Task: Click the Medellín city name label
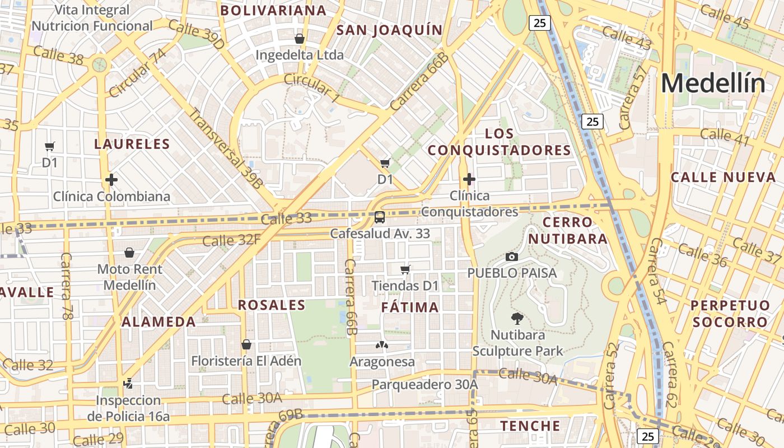(713, 83)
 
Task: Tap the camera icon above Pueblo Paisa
(511, 256)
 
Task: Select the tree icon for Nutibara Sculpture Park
(517, 319)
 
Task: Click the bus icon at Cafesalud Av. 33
(380, 217)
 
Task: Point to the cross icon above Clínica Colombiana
(111, 180)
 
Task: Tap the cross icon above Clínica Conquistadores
(469, 179)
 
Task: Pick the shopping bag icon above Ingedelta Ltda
(300, 39)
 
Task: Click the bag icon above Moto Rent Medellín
(129, 253)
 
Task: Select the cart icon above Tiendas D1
(405, 269)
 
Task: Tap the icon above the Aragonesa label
(382, 345)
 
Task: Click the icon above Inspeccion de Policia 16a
(128, 384)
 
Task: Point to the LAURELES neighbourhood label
(132, 144)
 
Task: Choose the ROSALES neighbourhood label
(272, 305)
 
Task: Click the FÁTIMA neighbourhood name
(410, 307)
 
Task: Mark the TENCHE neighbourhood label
(530, 426)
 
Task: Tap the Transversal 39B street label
(225, 147)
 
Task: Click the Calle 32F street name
(231, 241)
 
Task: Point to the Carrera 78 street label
(67, 286)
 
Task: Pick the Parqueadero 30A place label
(424, 385)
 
